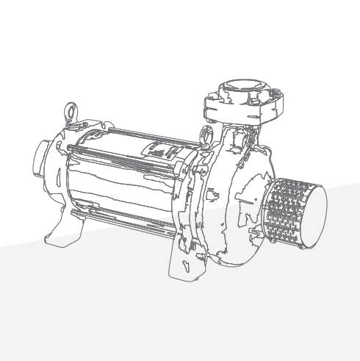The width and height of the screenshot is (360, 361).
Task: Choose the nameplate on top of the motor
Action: [163, 151]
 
